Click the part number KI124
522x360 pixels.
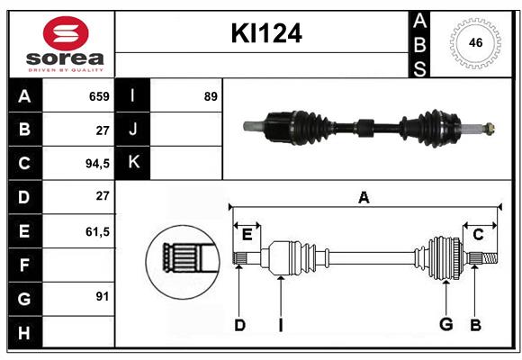point(265,33)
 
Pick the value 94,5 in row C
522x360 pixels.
point(95,164)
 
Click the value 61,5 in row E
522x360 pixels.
point(96,231)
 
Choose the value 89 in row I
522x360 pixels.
point(211,96)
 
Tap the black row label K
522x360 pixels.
point(133,162)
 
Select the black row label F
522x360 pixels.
point(24,265)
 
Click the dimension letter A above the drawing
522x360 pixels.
point(364,197)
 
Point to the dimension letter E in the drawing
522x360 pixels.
point(247,235)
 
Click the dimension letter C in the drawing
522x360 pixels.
point(478,235)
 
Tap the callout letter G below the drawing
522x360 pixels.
point(445,325)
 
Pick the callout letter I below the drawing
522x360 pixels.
point(281,325)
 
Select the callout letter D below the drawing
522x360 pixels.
point(239,325)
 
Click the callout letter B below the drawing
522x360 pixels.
point(476,325)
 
